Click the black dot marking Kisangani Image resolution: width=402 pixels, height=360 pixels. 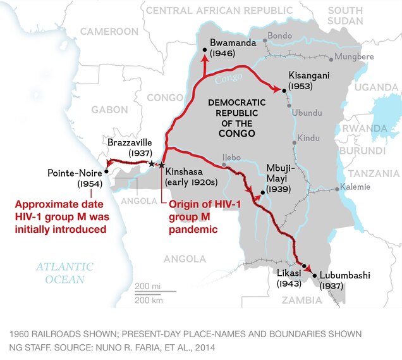(x=284, y=91)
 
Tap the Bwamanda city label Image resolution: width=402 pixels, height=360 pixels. (x=230, y=42)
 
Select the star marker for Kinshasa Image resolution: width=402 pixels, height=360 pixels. (x=162, y=165)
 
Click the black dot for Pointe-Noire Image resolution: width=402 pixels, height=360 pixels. (x=106, y=171)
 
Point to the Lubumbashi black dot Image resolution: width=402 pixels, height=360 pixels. (x=315, y=276)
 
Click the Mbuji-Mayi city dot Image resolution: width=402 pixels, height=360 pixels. (x=262, y=192)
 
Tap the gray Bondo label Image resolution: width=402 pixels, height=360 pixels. (x=279, y=35)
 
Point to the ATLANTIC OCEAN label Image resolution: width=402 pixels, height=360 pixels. (x=64, y=273)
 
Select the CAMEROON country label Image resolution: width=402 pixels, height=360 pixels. (x=109, y=31)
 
